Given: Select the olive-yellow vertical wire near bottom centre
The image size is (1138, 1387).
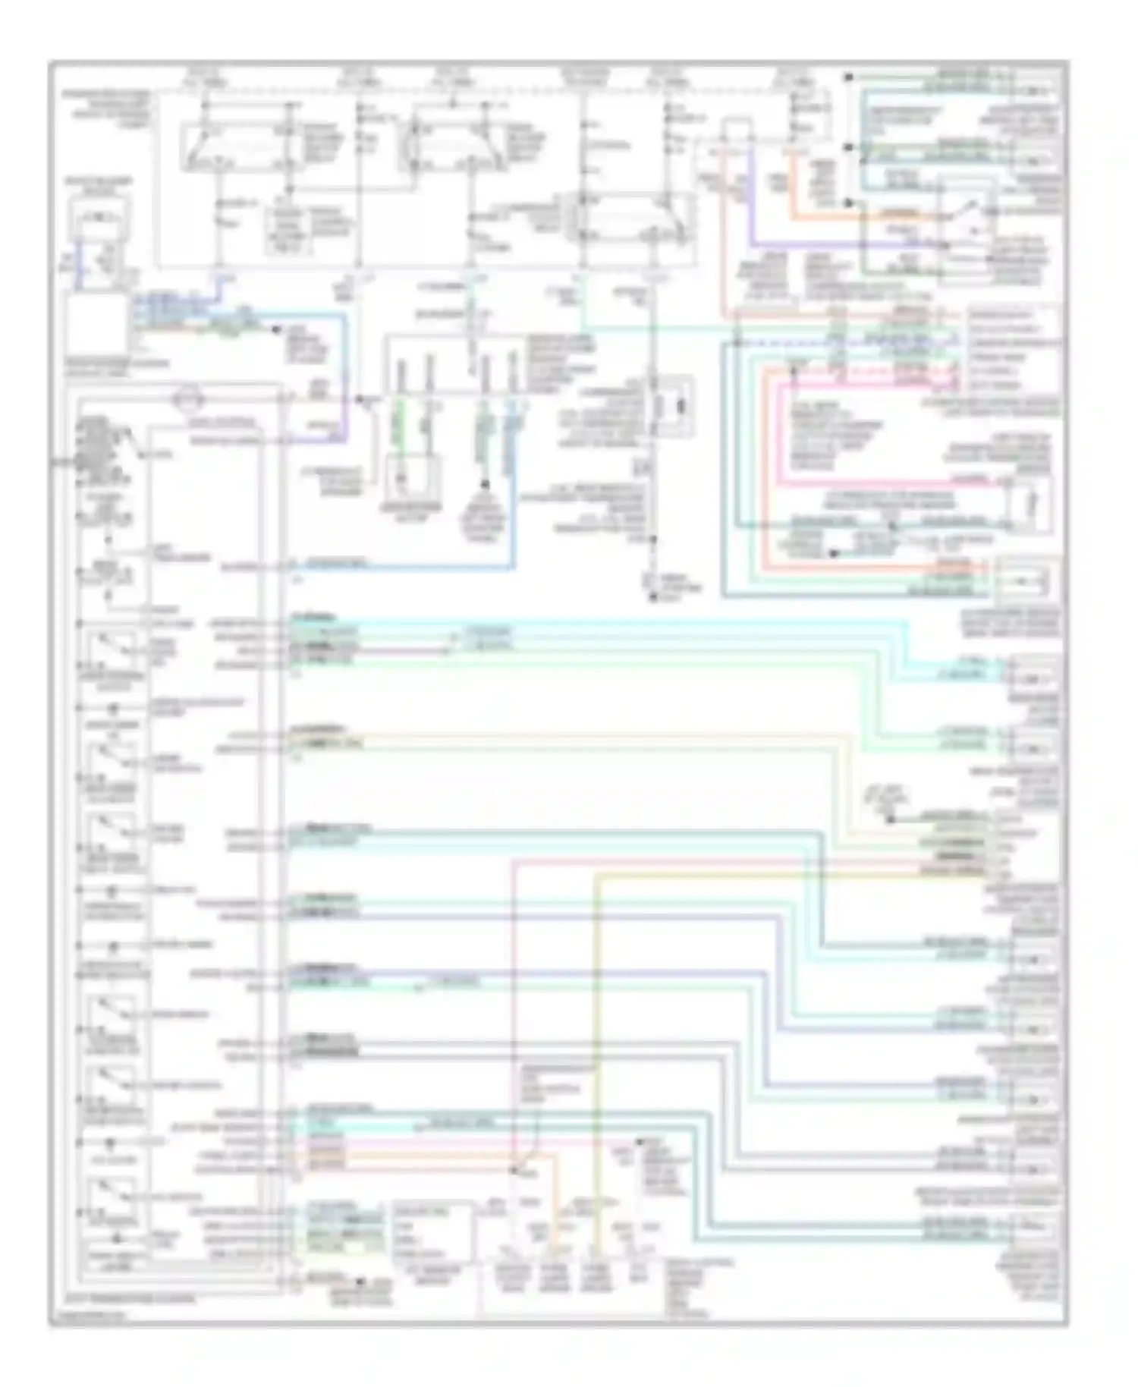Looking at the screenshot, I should coord(597,1062).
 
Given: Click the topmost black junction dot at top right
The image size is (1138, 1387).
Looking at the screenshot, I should coord(850,77).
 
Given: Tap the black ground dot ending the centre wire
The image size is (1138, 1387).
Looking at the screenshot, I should coord(652,599).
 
